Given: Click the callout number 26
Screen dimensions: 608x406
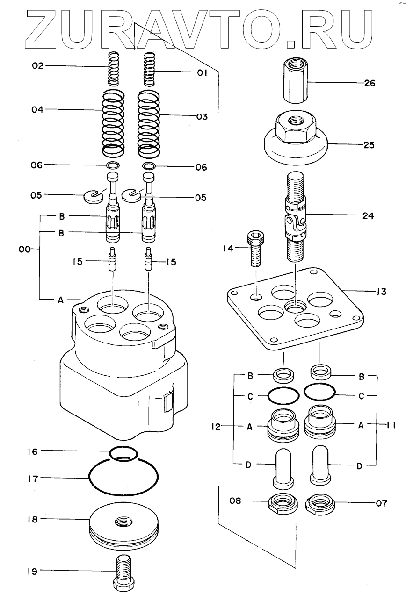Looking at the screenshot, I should click(x=369, y=84).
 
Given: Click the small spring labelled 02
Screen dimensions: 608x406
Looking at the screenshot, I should click(x=114, y=69).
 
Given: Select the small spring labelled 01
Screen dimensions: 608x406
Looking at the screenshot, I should click(x=149, y=69).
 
